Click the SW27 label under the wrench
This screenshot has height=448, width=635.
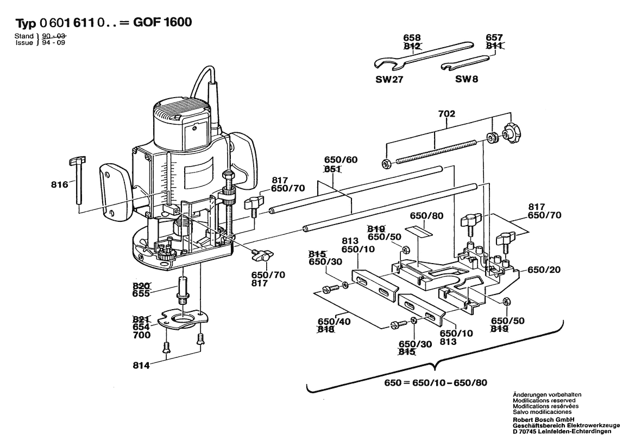click(x=389, y=79)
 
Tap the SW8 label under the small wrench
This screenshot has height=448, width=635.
click(x=466, y=79)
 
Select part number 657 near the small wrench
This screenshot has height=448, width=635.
click(x=494, y=37)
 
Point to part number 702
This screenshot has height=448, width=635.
click(x=446, y=114)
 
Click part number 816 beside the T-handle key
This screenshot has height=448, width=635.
click(x=60, y=184)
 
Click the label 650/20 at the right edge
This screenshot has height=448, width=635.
click(x=544, y=270)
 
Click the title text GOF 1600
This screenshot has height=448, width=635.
click(x=162, y=23)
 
